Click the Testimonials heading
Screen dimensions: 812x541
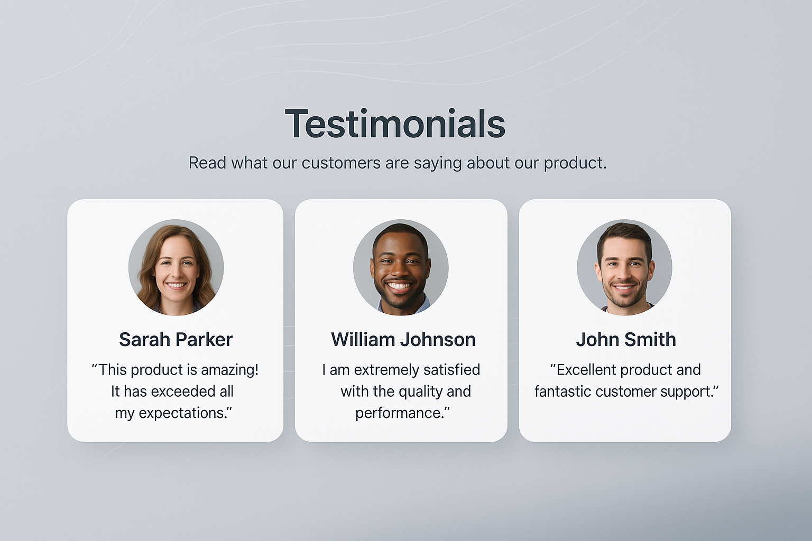[395, 124]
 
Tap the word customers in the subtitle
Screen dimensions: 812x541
[341, 163]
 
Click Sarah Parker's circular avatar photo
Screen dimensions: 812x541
[176, 267]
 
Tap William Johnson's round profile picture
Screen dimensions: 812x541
[401, 267]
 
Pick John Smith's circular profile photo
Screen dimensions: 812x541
[624, 267]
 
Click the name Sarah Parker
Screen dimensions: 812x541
[176, 340]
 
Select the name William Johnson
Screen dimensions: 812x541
[403, 340]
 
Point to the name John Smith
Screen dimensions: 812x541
[626, 340]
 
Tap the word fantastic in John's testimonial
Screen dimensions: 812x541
[562, 391]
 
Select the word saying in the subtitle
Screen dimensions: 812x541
[438, 164]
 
